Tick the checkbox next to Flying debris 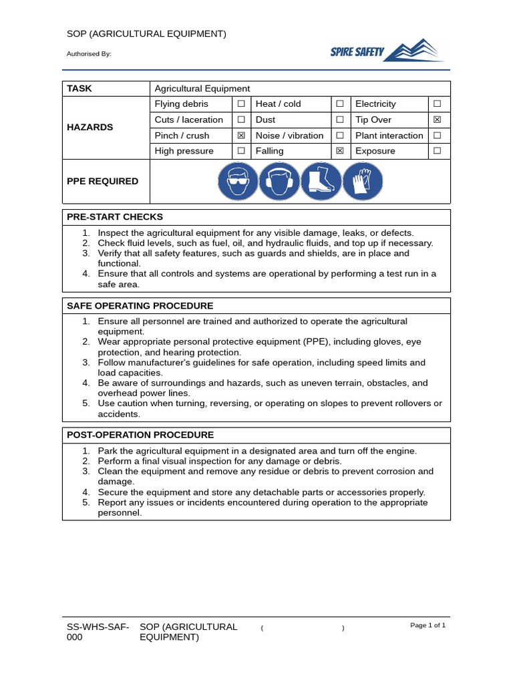(x=240, y=104)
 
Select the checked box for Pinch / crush (x=240, y=136)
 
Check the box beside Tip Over (x=437, y=120)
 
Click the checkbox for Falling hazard (x=339, y=151)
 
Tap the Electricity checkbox (x=437, y=104)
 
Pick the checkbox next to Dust (x=339, y=120)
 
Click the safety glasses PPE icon (x=238, y=181)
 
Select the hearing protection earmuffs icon (x=279, y=181)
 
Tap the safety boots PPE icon (x=321, y=181)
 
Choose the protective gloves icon (x=362, y=181)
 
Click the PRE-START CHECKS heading (x=115, y=217)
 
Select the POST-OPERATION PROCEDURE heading (x=140, y=435)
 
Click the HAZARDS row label (x=90, y=127)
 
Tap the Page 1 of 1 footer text (x=427, y=625)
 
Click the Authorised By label (x=89, y=54)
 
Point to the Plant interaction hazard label (x=389, y=136)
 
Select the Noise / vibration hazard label (x=289, y=136)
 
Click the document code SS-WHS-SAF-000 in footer (x=98, y=632)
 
